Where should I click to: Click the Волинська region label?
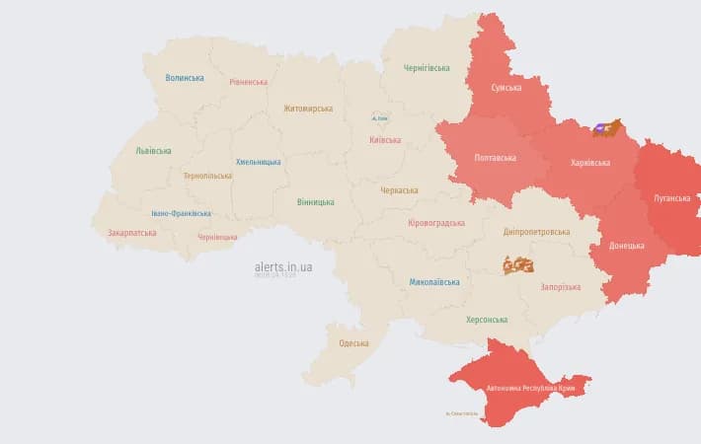click(185, 78)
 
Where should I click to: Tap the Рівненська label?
click(248, 82)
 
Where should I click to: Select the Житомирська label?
click(308, 109)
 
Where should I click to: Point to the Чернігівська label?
click(427, 68)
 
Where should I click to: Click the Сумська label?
click(506, 88)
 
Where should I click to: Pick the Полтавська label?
click(495, 158)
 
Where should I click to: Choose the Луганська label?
click(671, 197)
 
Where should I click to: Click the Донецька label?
click(627, 245)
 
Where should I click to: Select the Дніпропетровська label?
click(536, 232)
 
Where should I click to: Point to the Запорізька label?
click(560, 287)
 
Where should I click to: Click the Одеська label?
click(353, 343)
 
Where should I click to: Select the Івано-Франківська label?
click(181, 213)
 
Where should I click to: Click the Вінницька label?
click(315, 202)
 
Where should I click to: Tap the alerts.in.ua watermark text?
click(283, 266)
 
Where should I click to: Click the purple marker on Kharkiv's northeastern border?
click(600, 128)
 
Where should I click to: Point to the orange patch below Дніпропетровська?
click(517, 264)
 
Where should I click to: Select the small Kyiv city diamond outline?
click(379, 116)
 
